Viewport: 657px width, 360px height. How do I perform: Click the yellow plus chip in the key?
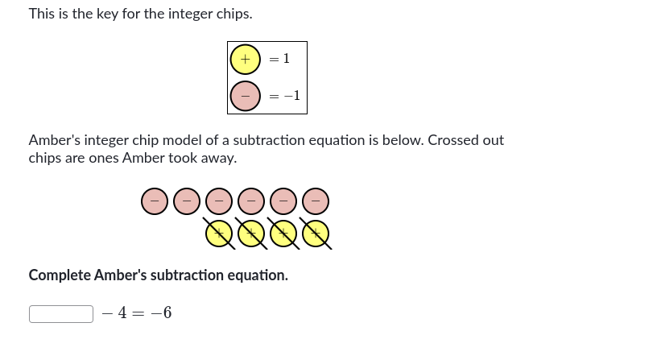245,59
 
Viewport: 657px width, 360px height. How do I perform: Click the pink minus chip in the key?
245,96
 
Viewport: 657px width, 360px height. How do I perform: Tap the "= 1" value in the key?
279,59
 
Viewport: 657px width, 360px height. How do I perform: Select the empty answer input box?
61,313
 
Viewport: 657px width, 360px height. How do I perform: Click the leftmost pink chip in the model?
155,201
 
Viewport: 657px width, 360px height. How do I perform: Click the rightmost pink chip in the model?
316,201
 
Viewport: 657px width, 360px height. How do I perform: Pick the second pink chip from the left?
187,201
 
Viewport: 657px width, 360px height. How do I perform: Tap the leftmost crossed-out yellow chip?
218,233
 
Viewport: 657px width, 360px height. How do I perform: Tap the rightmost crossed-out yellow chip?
316,233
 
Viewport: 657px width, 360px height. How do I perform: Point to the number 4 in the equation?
122,313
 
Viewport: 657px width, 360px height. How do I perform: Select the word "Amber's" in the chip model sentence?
54,140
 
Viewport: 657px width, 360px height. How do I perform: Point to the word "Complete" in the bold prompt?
59,275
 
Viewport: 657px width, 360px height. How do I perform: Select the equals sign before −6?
140,313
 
